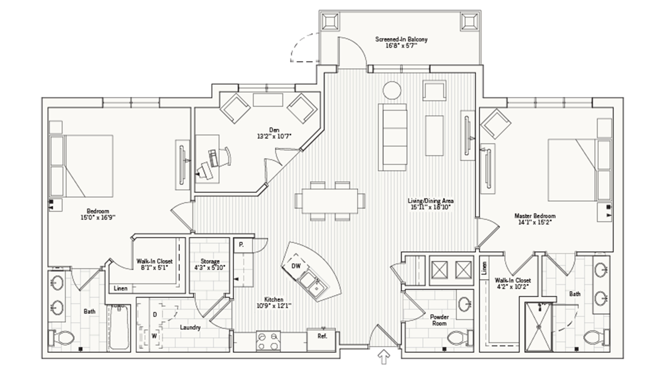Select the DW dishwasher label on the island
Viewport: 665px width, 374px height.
tap(296, 266)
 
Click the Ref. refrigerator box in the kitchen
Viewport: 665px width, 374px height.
tap(322, 336)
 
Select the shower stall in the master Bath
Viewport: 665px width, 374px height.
tap(539, 327)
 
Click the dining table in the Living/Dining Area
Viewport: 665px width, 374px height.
tap(330, 201)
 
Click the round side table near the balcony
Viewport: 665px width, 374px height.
tap(392, 90)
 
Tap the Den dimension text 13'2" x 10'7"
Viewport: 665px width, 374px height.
tap(274, 136)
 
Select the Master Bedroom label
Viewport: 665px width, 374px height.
tap(534, 216)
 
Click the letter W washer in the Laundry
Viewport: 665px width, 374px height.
tap(154, 336)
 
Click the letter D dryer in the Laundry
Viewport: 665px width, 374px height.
tap(155, 315)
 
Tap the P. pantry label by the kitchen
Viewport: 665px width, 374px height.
tap(241, 245)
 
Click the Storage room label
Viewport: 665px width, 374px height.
tap(210, 261)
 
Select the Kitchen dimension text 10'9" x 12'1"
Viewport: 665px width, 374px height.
tap(273, 306)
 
